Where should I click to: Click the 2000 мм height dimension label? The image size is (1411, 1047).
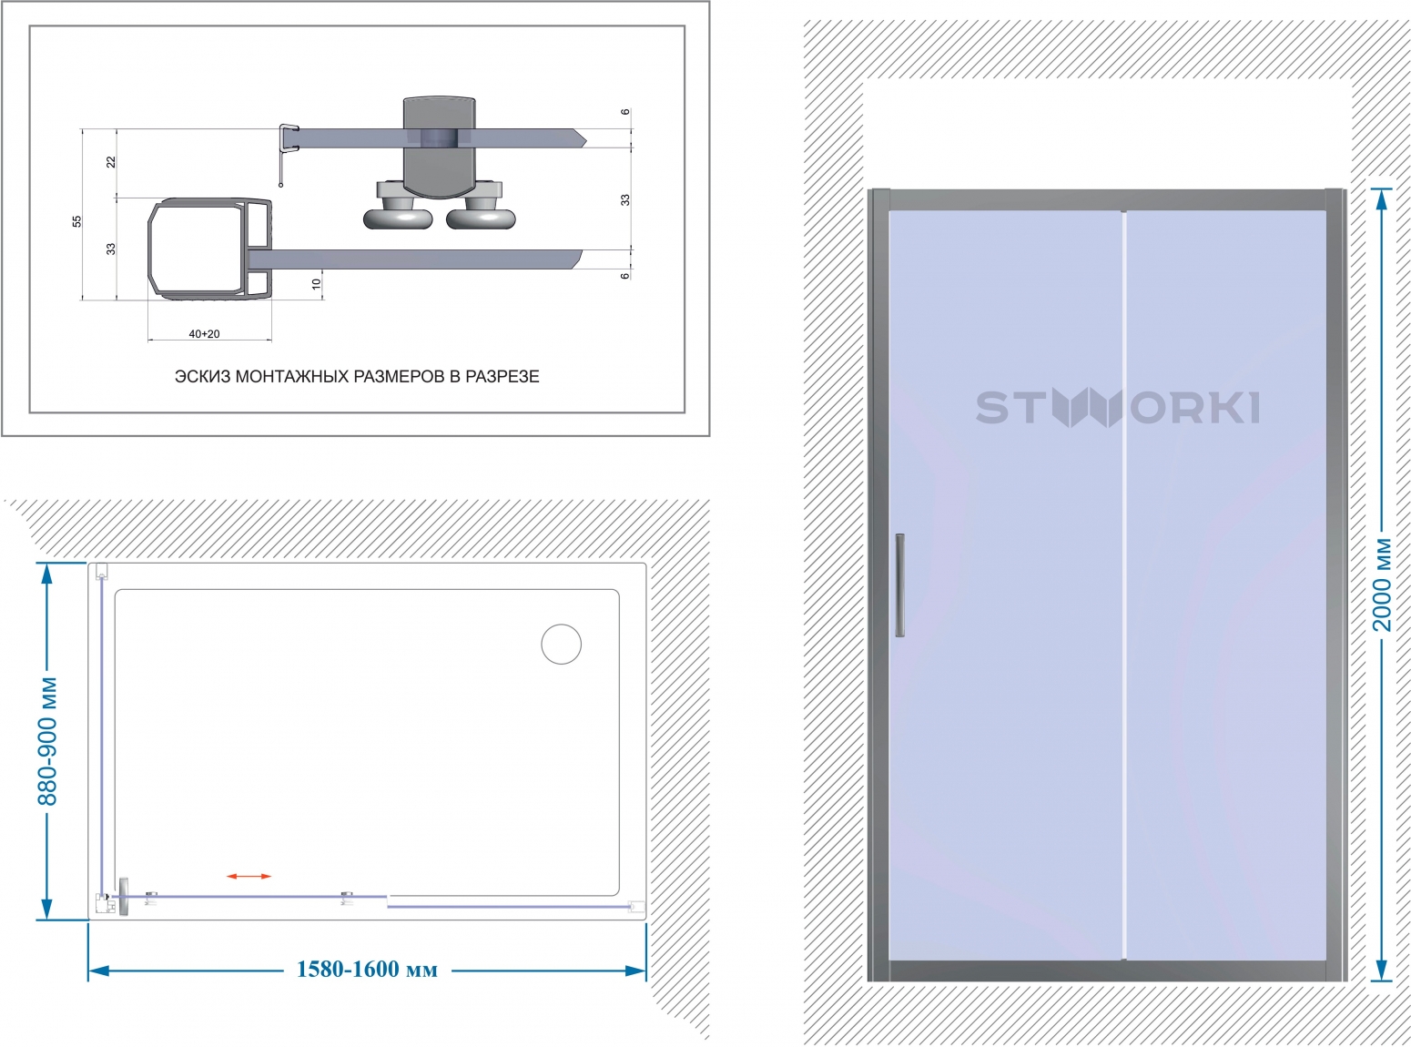click(1381, 584)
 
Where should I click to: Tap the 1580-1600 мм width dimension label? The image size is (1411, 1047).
click(367, 970)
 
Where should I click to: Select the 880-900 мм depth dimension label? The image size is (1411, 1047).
click(47, 741)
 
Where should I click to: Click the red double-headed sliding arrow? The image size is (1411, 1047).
click(249, 877)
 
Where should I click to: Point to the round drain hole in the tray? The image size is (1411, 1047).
click(561, 644)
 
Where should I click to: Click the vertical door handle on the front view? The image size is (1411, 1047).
click(899, 584)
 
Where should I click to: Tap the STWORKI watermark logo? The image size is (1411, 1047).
click(1118, 407)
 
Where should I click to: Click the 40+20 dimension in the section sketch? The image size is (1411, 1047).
click(204, 333)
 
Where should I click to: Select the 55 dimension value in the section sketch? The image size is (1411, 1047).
click(77, 221)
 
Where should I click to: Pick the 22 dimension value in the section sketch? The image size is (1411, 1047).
click(111, 162)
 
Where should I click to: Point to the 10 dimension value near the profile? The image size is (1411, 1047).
click(316, 284)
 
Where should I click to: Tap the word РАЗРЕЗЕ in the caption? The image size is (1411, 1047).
click(502, 376)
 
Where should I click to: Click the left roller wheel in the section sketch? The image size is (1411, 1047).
click(398, 217)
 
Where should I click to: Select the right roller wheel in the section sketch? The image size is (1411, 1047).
click(481, 217)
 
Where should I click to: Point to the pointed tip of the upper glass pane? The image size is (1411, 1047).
click(585, 138)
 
